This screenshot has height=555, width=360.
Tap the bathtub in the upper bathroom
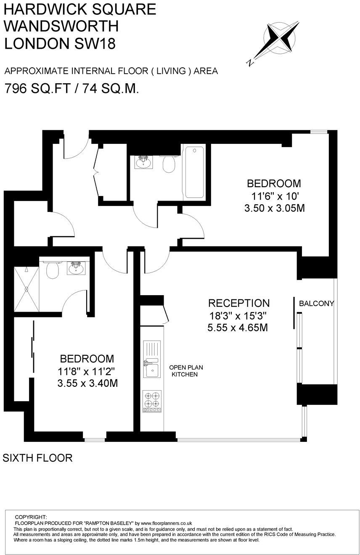tap(193, 172)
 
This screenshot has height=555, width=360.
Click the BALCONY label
tap(316, 303)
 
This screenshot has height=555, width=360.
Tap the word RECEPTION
tap(239, 303)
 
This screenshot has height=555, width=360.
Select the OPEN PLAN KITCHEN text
tap(184, 370)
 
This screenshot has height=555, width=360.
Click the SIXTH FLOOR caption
tap(38, 458)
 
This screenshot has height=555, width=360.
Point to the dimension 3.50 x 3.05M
tap(274, 208)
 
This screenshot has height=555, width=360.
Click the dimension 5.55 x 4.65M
tap(238, 328)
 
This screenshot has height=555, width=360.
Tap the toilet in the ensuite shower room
tap(52, 270)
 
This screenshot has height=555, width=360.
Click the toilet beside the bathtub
tap(169, 164)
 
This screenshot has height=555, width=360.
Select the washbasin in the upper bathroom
tap(143, 161)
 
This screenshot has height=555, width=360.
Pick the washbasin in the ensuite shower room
tap(76, 267)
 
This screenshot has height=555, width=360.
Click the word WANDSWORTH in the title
tap(61, 26)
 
